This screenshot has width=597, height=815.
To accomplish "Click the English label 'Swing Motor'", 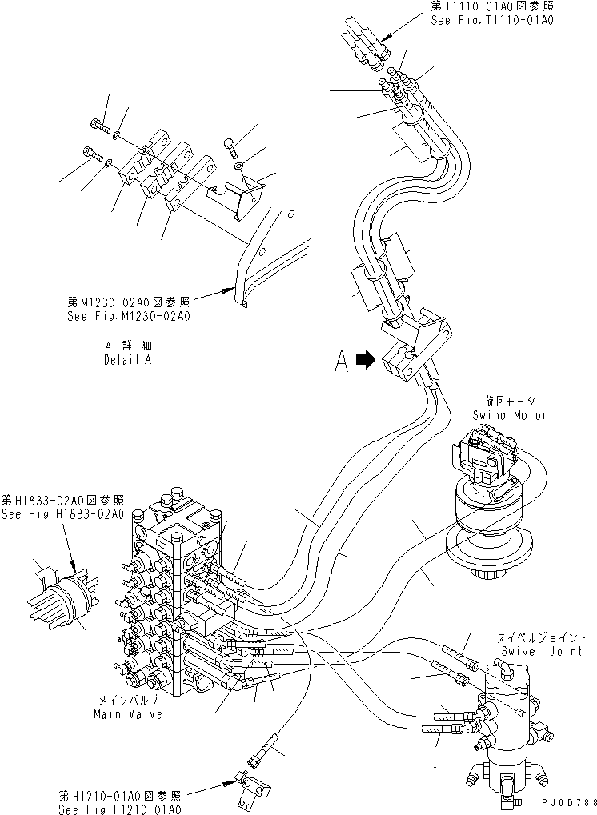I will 510,415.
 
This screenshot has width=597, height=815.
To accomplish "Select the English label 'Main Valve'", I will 127,713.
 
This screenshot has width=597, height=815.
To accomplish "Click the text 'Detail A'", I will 128,359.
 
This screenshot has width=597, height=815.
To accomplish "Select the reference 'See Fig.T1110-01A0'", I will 492,20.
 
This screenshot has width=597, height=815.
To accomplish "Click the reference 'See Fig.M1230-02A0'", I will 129,316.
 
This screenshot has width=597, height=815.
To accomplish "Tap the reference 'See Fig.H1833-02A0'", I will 62,514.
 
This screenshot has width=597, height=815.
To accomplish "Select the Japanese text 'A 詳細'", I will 128,346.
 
